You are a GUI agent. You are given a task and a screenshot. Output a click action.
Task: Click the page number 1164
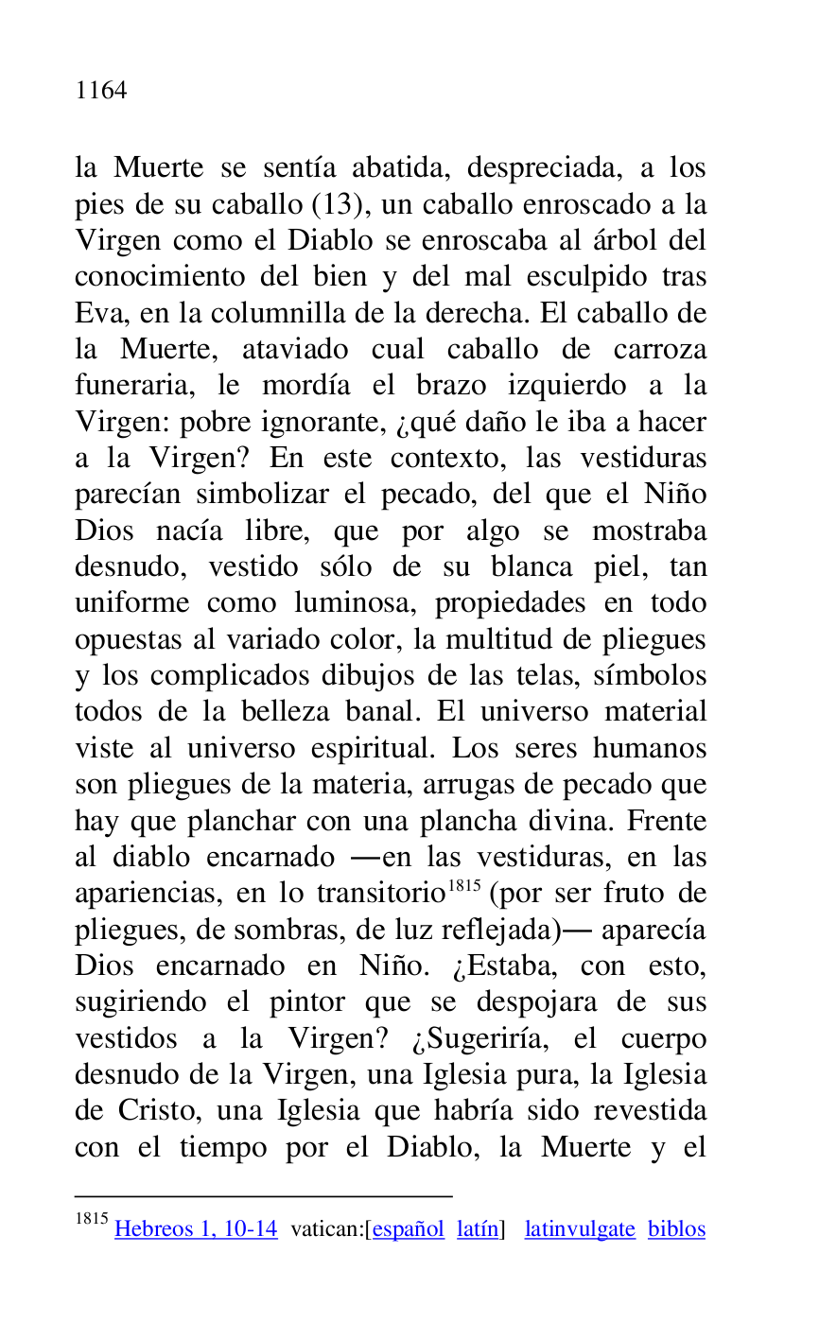[101, 91]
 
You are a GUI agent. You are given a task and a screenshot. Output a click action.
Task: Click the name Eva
[95, 314]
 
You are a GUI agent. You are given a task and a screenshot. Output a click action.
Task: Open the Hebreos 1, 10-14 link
[196, 1229]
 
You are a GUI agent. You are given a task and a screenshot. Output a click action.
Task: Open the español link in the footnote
[408, 1229]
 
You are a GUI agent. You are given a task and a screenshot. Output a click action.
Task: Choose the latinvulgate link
[580, 1229]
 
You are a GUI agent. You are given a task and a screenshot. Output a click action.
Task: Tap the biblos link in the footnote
[676, 1229]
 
